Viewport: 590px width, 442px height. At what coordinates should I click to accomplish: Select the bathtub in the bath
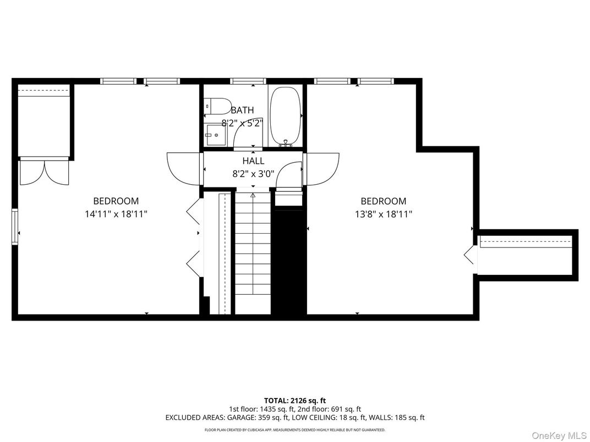(x=286, y=115)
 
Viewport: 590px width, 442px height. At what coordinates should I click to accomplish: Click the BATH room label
(x=242, y=110)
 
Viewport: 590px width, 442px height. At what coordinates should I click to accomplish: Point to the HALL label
(x=253, y=161)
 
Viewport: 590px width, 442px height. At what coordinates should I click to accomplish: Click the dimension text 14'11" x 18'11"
(x=116, y=214)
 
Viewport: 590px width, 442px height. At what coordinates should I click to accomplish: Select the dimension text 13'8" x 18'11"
(x=383, y=214)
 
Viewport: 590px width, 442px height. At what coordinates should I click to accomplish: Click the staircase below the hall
(x=253, y=253)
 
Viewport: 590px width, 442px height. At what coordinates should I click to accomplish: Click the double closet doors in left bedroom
(x=43, y=171)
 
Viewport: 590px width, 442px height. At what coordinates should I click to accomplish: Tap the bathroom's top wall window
(x=248, y=81)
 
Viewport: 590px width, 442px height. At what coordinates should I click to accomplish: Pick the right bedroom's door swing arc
(x=323, y=168)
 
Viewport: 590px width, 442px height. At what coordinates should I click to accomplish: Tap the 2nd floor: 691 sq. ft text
(x=329, y=409)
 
